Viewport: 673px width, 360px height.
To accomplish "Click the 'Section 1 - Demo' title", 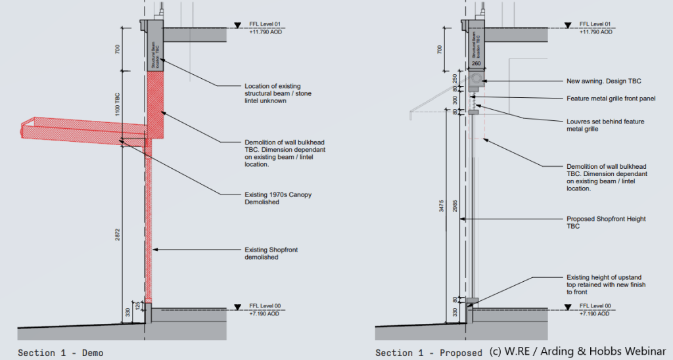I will (60, 353).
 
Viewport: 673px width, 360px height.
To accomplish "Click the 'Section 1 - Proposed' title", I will (429, 353).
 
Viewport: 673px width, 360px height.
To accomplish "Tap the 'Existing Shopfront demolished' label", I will (262, 253).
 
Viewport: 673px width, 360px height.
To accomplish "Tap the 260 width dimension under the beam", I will (477, 64).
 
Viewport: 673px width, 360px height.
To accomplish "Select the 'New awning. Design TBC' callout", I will (604, 81).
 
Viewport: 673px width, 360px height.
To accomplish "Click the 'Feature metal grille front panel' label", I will (611, 99).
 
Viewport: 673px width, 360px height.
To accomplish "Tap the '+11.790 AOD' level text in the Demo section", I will (267, 32).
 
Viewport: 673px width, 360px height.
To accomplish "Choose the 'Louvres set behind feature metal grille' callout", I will (605, 125).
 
